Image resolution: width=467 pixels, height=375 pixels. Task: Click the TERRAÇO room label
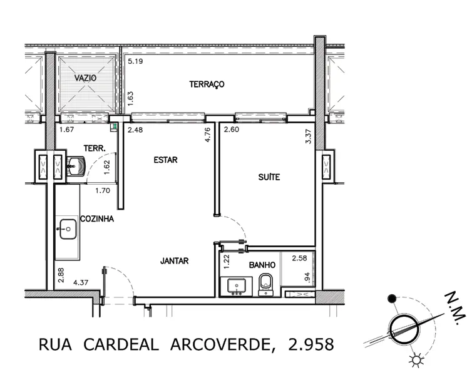click(x=207, y=85)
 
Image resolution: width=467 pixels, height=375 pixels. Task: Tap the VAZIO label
click(x=86, y=78)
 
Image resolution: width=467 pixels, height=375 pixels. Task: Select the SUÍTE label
click(x=269, y=177)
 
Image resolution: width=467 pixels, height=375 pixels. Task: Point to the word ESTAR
click(x=166, y=160)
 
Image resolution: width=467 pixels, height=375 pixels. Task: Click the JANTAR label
click(x=175, y=261)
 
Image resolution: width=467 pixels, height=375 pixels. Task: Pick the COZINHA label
click(x=97, y=219)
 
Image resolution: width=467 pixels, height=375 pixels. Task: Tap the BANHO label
click(x=262, y=265)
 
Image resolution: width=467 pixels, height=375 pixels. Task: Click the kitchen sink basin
click(x=68, y=229)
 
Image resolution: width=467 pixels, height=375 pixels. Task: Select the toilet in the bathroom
click(x=265, y=285)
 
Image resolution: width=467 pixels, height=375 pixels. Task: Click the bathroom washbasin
click(x=237, y=286)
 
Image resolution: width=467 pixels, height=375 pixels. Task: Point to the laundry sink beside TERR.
click(x=76, y=166)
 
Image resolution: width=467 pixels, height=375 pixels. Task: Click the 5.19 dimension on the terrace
click(x=135, y=61)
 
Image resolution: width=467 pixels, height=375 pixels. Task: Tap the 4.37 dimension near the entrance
click(x=81, y=282)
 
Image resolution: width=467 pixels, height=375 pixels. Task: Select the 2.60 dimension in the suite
click(x=232, y=129)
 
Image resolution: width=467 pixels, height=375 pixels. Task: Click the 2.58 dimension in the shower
click(x=299, y=258)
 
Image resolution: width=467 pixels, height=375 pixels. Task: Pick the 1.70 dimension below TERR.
click(x=103, y=190)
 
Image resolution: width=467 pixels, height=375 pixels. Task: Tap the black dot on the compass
click(x=392, y=299)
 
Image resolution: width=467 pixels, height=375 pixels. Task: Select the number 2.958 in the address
click(x=311, y=344)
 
